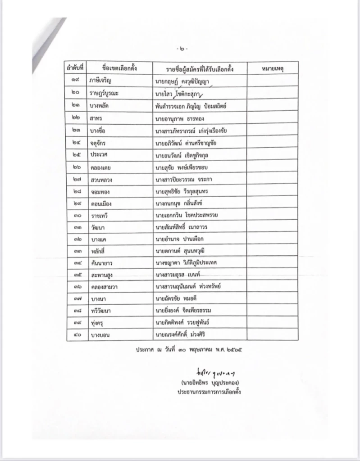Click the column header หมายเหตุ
pyautogui.click(x=272, y=68)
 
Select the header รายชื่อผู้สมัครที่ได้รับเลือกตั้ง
pyautogui.click(x=200, y=68)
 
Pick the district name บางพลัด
pyautogui.click(x=101, y=105)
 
